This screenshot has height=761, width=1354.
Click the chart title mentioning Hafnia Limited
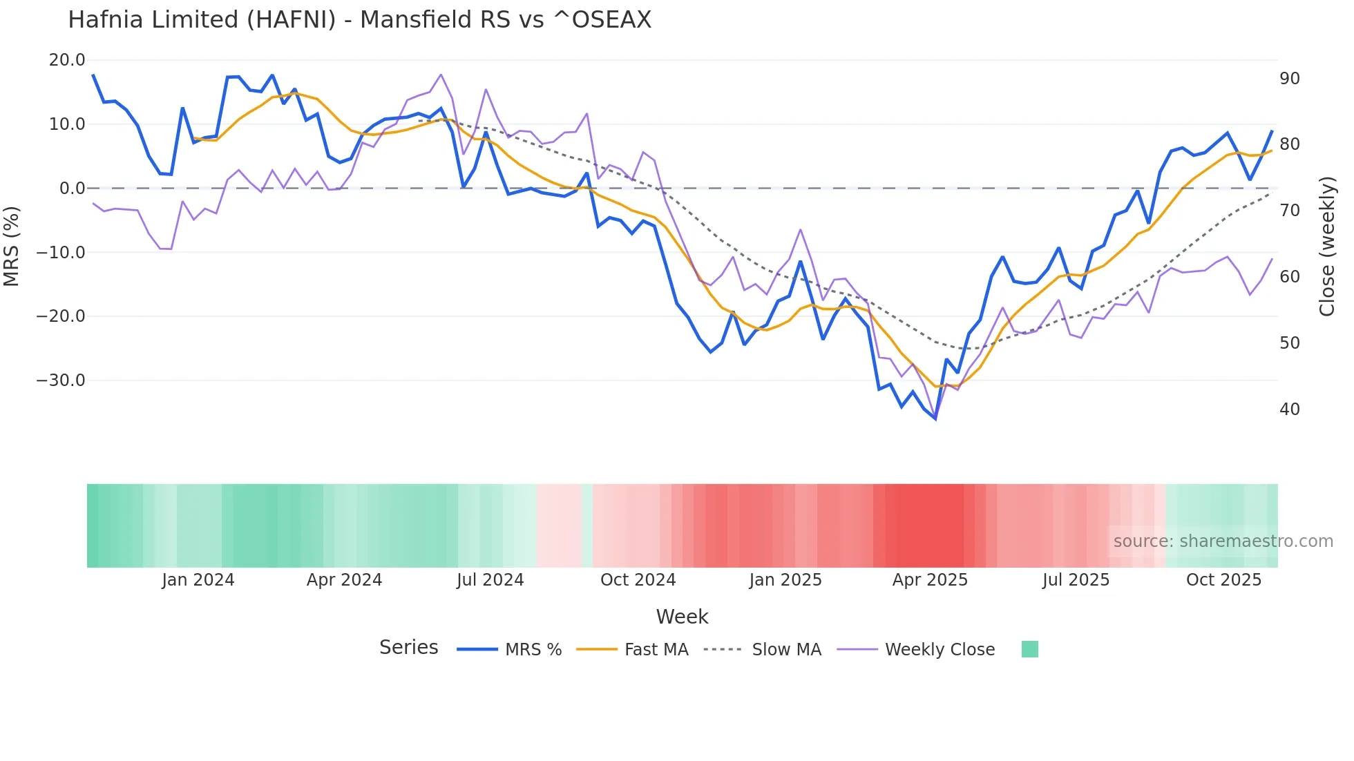pos(359,20)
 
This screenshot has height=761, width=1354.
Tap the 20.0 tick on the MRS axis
pos(67,60)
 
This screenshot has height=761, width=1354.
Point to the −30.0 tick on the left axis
pos(61,380)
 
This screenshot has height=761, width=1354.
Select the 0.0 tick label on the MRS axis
pos(72,189)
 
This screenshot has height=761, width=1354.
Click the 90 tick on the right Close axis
pos(1290,79)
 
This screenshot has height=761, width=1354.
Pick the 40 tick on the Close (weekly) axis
pos(1290,410)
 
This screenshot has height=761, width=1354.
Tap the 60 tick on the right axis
pos(1290,277)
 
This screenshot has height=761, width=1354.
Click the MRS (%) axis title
pos(12,246)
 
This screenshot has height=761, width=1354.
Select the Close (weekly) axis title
pos(1327,247)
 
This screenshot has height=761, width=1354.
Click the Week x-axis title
pos(682,617)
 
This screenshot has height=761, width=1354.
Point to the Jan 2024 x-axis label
pos(198,580)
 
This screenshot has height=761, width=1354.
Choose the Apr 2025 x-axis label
pos(930,580)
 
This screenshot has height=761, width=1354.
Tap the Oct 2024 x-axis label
pos(638,580)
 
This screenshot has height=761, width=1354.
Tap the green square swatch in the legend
pos(1029,649)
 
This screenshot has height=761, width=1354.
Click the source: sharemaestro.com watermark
pos(1223,541)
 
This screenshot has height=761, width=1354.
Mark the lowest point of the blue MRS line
pos(935,418)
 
